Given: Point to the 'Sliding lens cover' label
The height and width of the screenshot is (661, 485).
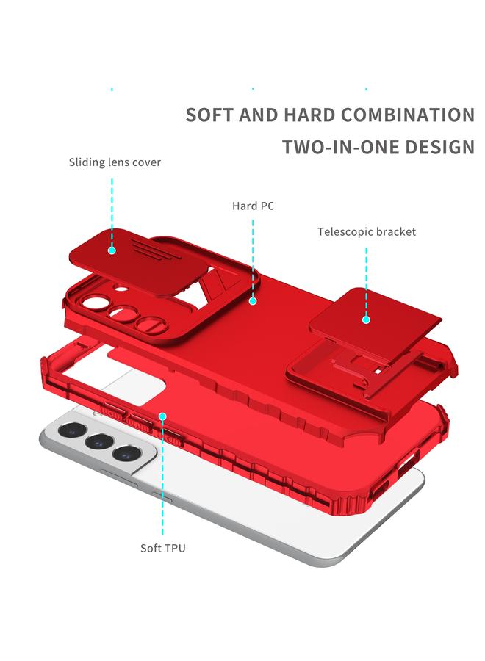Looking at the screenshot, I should pos(115,162).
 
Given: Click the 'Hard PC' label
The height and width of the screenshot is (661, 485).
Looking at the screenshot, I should pos(253,206).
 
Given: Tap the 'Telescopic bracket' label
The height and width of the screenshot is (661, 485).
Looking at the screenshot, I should pos(367,232).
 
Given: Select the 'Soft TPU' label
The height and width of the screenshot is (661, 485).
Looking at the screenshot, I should pos(162,549).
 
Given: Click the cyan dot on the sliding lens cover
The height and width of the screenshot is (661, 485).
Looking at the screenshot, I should pos(112,250).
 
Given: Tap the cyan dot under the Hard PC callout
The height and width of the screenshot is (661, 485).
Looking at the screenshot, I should pos(253,301).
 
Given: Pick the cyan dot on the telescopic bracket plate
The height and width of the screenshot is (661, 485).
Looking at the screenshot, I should pos(366,319).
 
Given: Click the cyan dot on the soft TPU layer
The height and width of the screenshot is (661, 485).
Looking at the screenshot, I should pos(162,416).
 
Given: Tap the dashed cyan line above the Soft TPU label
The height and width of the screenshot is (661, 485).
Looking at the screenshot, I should pos(162,485).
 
